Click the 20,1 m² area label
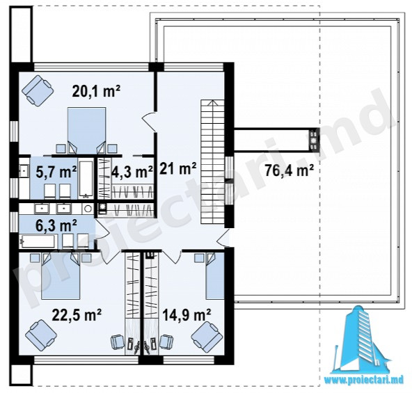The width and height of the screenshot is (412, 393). point(96,92)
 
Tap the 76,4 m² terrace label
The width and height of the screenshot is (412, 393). point(289,170)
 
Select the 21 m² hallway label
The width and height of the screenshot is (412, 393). point(177,168)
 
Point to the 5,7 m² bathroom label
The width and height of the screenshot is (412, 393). point(56,173)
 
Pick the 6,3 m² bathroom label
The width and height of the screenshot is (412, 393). point(56,225)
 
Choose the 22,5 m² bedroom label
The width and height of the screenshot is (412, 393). point(77,314)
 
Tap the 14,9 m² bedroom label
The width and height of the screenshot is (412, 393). point(187,314)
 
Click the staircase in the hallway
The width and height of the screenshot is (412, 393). point(213,162)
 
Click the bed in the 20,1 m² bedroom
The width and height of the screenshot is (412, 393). point(87,131)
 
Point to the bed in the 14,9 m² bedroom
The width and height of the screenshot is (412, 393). point(215,276)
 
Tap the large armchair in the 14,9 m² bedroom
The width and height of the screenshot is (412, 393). point(207,337)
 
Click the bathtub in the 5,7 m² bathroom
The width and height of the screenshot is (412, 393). point(86,179)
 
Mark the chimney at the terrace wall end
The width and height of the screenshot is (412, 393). point(313,140)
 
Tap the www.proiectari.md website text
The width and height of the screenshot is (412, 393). point(364,380)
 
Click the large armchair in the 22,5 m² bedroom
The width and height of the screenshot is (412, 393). point(41,335)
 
